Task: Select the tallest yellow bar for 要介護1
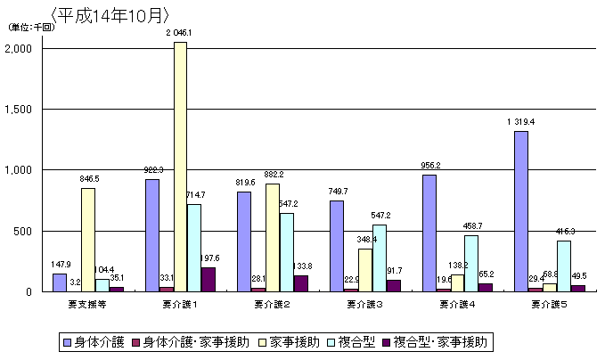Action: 180,167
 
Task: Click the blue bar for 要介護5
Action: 521,211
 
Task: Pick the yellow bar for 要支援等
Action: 87,240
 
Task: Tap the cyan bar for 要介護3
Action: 379,258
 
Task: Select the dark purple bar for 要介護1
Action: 208,279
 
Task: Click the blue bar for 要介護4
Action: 429,233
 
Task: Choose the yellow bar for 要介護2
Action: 273,237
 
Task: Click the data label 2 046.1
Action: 179,33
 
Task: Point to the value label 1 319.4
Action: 521,122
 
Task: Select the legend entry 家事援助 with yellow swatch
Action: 287,342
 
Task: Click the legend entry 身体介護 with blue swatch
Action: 94,342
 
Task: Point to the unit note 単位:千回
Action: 32,27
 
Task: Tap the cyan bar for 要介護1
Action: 194,248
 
